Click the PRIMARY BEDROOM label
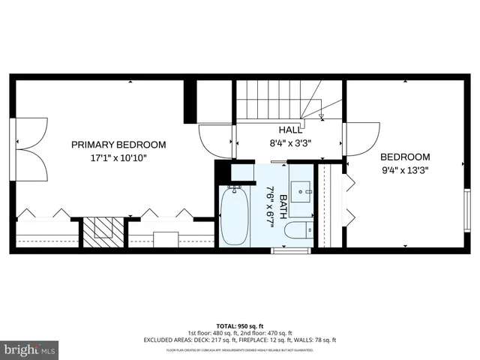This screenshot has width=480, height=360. click(118, 145)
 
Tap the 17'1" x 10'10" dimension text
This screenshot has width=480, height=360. click(118, 158)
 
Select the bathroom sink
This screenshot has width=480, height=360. click(303, 191)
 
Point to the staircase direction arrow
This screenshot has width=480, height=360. click(321, 115)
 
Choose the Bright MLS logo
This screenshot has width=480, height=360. click(29, 349)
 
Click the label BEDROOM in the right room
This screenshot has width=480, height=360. click(405, 157)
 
